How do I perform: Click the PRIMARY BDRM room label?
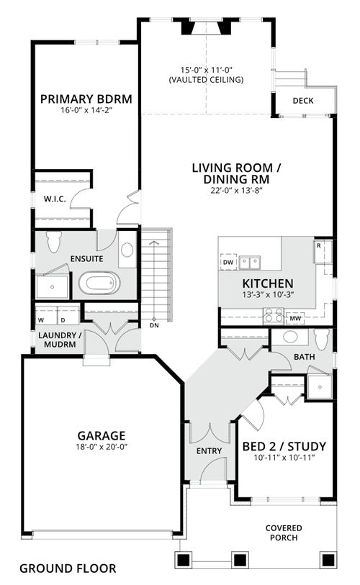pos(86,99)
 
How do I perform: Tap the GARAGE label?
pos(102,435)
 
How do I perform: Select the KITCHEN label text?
pos(268,284)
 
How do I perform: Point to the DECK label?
pos(303,101)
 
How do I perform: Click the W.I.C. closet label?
pos(55,199)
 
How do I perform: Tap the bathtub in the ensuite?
pos(99,284)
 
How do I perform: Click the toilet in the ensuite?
pos(54,241)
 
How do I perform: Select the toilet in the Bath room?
pos(323,339)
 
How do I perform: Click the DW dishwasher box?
pos(228,263)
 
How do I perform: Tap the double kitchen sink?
pos(250,263)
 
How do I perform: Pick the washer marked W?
pos(46,315)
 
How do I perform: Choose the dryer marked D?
pos(68,315)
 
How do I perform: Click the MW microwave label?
pos(295,319)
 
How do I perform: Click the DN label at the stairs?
pos(154,325)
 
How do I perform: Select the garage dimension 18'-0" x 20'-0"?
pos(102,447)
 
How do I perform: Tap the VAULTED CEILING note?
pos(206,80)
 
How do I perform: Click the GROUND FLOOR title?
pos(68,568)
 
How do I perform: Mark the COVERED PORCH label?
pos(284,532)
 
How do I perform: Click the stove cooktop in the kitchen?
pos(274,316)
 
